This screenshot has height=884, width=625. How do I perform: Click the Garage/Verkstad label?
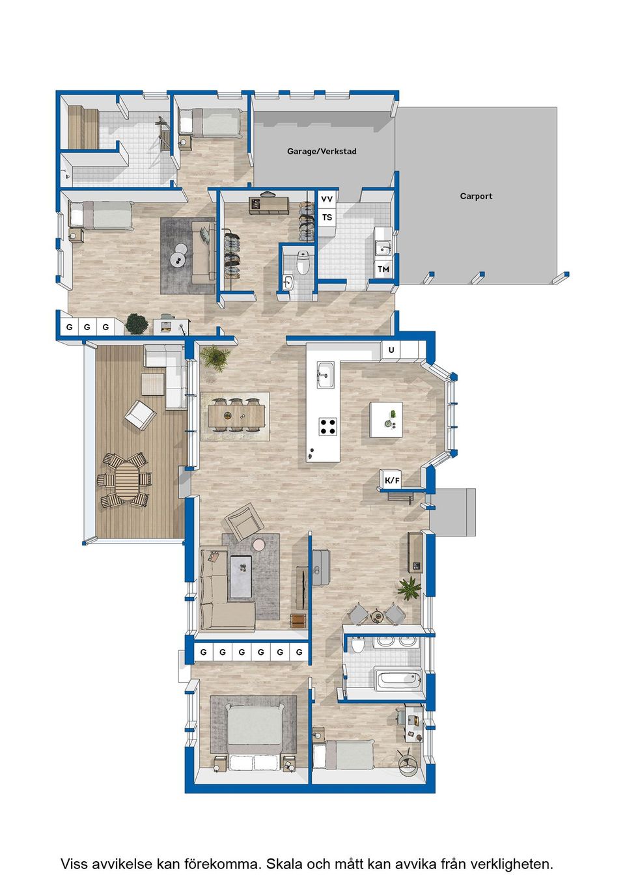point(322,151)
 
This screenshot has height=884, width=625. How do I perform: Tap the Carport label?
point(476,196)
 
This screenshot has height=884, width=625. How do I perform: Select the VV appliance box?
point(327,199)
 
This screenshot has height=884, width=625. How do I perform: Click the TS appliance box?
point(327,217)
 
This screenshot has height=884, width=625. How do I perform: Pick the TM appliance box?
point(383,269)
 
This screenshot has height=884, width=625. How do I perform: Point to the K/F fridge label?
point(392,480)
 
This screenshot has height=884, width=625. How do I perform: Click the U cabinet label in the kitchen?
point(391,350)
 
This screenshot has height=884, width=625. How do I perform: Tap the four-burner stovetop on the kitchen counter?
point(328,426)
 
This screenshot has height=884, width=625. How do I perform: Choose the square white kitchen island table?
point(386,419)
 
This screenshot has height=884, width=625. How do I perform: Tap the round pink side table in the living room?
point(259,545)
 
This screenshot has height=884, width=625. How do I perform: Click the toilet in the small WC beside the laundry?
point(303,262)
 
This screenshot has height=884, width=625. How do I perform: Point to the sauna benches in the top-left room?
point(83,127)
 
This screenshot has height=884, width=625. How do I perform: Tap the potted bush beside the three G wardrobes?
point(137,324)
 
